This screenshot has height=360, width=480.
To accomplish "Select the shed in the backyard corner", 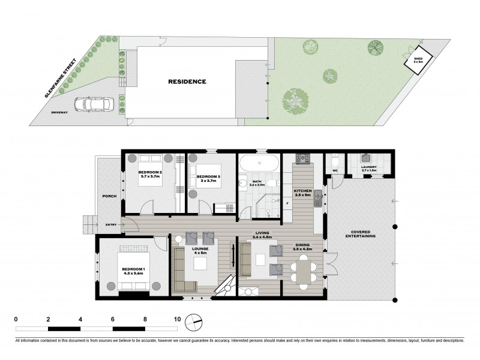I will (x=418, y=59).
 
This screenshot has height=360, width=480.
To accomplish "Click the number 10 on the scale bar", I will (x=177, y=319).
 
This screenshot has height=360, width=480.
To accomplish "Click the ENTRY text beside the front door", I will (x=112, y=225).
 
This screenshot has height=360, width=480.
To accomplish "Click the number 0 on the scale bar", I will (x=16, y=319).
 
